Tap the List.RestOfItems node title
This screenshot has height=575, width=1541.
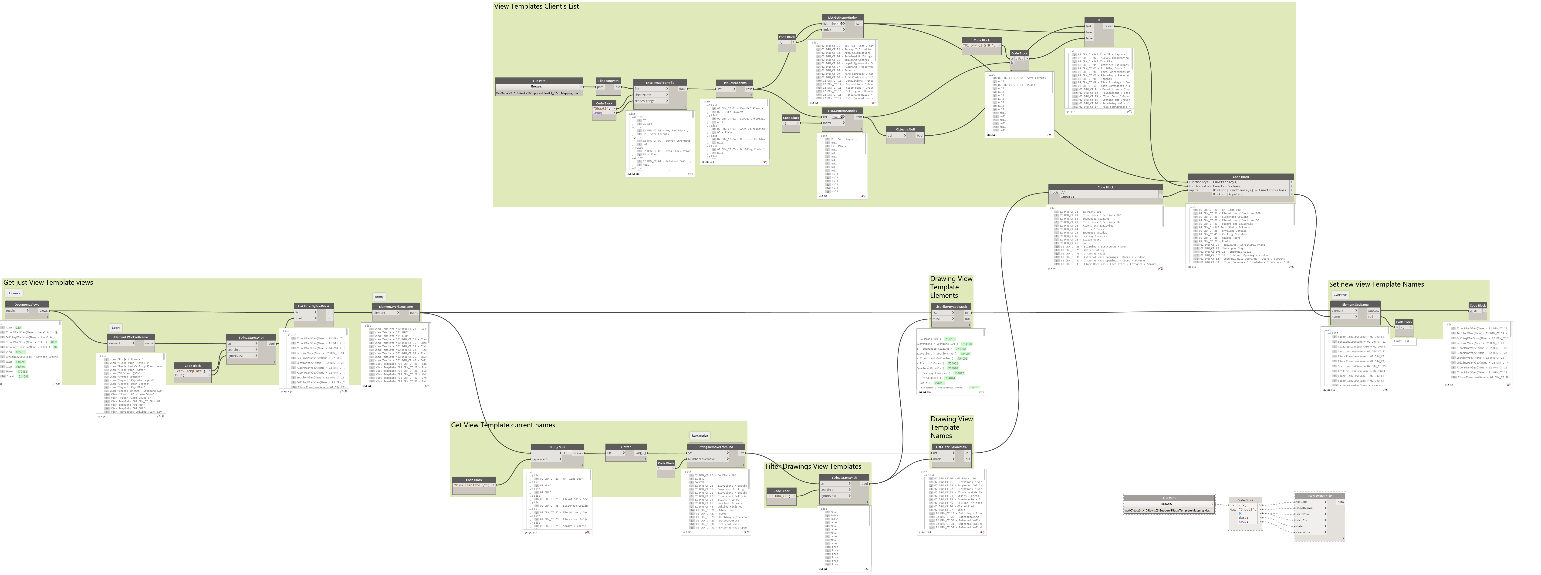(x=734, y=83)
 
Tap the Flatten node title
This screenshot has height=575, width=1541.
(x=626, y=447)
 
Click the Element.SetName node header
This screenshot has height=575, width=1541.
(x=1355, y=304)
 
